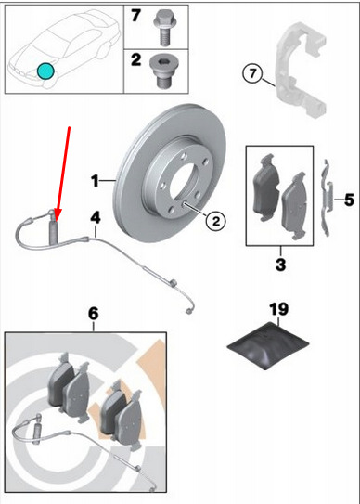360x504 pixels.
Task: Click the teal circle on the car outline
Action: [x=45, y=71]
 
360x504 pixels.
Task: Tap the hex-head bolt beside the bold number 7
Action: [x=164, y=28]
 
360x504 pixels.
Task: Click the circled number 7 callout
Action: [x=252, y=74]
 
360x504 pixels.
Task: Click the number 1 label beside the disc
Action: [x=95, y=181]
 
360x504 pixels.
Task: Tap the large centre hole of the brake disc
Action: [x=182, y=184]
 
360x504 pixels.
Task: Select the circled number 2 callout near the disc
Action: [x=215, y=221]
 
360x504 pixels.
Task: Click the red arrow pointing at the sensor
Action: [x=63, y=174]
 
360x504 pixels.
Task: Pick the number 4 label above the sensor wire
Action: [x=96, y=217]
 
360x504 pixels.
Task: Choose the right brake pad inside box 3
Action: [x=295, y=206]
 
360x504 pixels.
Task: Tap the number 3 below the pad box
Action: [x=280, y=265]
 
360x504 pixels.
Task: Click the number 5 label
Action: [x=349, y=200]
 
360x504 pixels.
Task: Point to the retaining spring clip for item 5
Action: [x=328, y=198]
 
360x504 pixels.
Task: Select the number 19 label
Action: [x=278, y=309]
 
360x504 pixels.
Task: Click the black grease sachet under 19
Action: [x=268, y=345]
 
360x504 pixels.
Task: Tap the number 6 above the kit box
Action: [x=93, y=314]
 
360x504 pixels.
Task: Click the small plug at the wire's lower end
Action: [x=187, y=311]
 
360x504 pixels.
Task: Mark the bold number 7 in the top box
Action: [x=135, y=16]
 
